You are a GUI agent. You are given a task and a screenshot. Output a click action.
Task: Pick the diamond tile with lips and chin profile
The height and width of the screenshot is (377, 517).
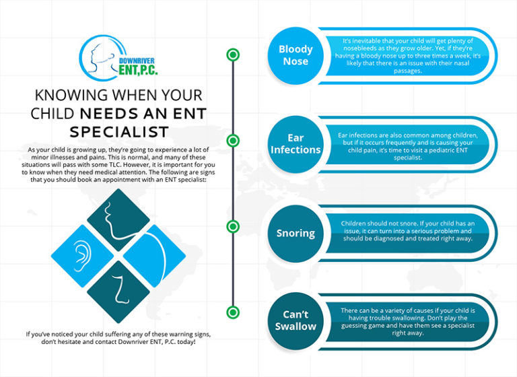[x=118, y=217]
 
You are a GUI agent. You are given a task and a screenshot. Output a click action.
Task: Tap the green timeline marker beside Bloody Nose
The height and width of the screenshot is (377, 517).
[x=233, y=55]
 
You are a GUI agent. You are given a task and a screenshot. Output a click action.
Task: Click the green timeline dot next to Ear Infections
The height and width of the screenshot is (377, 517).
[x=233, y=141]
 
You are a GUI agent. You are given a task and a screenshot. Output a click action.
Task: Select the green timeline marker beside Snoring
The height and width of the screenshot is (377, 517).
[x=233, y=226]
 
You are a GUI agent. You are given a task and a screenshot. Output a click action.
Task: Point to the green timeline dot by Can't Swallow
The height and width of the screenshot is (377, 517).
[x=233, y=312]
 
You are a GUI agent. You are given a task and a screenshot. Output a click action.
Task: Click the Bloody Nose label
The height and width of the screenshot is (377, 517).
[x=296, y=55]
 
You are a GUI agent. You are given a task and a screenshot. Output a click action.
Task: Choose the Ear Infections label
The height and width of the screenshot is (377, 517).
[x=296, y=143]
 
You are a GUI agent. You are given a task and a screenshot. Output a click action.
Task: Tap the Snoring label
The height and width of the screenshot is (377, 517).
[x=296, y=234]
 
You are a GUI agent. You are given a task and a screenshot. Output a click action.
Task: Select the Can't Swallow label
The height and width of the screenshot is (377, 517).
[x=296, y=320]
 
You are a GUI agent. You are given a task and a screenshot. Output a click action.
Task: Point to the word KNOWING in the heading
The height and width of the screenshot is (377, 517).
[x=65, y=95]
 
